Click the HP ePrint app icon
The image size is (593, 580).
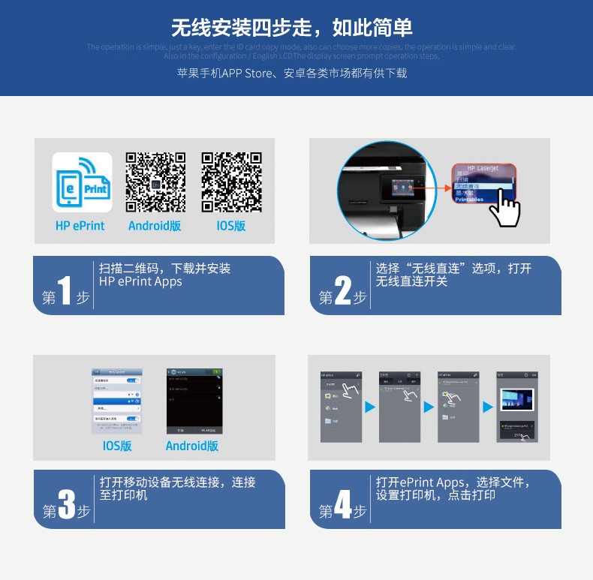click(x=82, y=182)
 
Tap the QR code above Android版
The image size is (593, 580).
click(x=155, y=182)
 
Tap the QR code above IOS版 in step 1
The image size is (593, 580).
click(x=232, y=182)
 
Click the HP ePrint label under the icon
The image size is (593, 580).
click(x=80, y=225)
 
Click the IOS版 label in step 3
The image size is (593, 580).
click(x=117, y=446)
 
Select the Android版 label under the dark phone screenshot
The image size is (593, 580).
click(x=192, y=446)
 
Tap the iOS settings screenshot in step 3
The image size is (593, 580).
click(x=116, y=401)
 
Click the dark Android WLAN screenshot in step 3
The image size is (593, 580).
click(x=193, y=401)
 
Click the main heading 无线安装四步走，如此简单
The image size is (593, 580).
click(x=292, y=28)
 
